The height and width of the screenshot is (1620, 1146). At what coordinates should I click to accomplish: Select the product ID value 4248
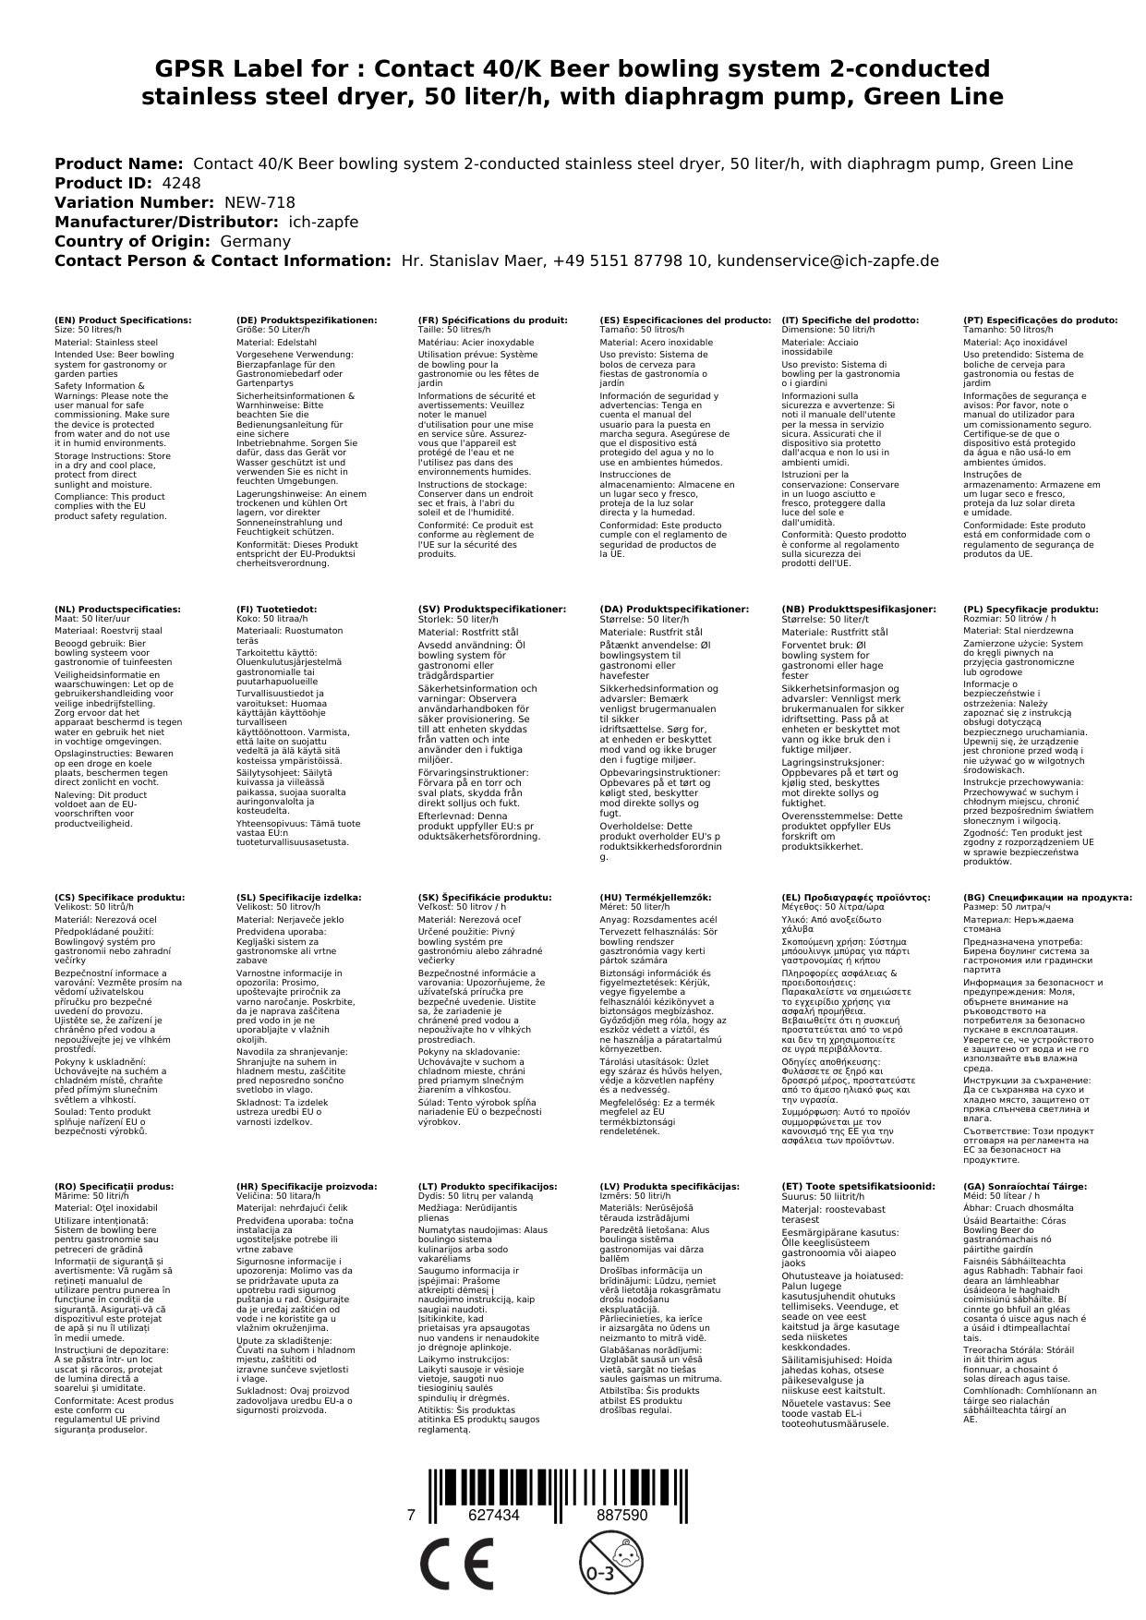pyautogui.click(x=181, y=183)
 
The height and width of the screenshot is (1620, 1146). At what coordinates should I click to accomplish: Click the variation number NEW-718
pyautogui.click(x=259, y=202)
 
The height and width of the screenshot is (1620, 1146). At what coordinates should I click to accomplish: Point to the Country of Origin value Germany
pyautogui.click(x=255, y=241)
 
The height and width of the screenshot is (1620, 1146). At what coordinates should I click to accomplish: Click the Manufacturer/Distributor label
pyautogui.click(x=166, y=222)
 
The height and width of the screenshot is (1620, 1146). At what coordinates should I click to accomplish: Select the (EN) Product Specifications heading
pyautogui.click(x=123, y=320)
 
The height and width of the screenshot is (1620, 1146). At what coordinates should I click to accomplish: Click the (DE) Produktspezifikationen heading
pyautogui.click(x=307, y=320)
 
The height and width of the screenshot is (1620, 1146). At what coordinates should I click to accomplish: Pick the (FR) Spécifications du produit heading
pyautogui.click(x=492, y=320)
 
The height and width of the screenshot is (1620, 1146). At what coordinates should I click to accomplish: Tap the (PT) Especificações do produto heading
pyautogui.click(x=1040, y=320)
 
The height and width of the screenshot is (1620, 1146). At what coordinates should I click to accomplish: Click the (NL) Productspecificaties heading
pyautogui.click(x=117, y=610)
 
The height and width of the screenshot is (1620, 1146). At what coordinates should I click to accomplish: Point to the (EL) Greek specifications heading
pyautogui.click(x=856, y=897)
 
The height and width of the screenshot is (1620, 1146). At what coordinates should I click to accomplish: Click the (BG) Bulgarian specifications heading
pyautogui.click(x=1047, y=897)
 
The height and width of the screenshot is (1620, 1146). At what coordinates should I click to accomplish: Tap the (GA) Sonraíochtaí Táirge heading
pyautogui.click(x=1025, y=1186)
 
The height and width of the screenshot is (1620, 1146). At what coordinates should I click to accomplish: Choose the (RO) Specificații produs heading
pyautogui.click(x=114, y=1186)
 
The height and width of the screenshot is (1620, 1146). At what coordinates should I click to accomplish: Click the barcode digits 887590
pyautogui.click(x=621, y=1516)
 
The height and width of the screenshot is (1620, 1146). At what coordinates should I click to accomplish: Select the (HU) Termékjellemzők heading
pyautogui.click(x=656, y=897)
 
